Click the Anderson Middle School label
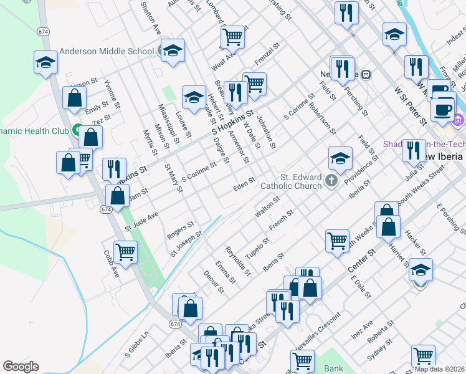click(x=107, y=52)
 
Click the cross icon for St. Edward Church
click(x=331, y=182)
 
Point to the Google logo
click(x=21, y=367)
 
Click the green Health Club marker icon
click(x=77, y=131)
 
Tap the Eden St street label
click(x=244, y=182)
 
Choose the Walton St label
click(x=267, y=206)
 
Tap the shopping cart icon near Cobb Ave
click(x=126, y=251)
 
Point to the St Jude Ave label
click(x=141, y=221)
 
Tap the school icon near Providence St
click(x=341, y=158)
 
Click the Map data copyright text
click(x=439, y=369)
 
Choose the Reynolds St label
click(x=238, y=261)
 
